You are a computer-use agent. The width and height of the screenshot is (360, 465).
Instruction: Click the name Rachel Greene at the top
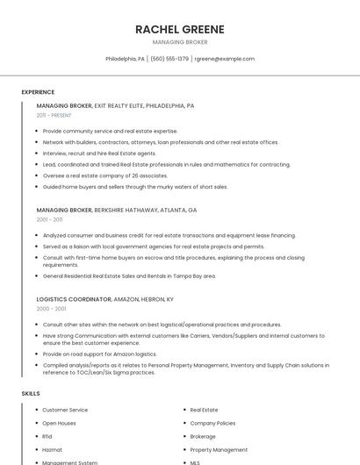pos(179,29)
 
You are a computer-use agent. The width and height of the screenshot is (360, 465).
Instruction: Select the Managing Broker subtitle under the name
pos(179,42)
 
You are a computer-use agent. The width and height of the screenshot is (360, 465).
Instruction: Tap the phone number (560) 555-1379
pos(169,59)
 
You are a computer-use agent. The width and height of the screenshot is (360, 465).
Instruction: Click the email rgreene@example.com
pos(225,59)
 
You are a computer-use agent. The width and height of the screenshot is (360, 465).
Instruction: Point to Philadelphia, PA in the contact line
pos(125,59)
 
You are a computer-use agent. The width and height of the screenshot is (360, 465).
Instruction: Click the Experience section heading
pos(38,92)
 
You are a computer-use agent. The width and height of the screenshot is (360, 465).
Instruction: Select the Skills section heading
pos(31,394)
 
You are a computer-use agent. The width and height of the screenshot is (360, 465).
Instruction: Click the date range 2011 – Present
pos(54,115)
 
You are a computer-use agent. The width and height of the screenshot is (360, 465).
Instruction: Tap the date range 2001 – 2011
pos(49,219)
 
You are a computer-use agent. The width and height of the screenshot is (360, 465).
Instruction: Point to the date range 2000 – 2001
pos(51,309)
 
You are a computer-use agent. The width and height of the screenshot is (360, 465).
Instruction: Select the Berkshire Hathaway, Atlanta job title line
pos(117,211)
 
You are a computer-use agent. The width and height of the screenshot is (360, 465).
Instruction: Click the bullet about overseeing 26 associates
pos(104,175)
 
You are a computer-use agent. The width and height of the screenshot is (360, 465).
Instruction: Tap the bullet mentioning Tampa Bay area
pos(128,275)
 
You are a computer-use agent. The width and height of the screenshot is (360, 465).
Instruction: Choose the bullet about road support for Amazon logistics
pos(99,354)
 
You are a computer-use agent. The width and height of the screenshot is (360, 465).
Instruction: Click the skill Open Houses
pos(59,423)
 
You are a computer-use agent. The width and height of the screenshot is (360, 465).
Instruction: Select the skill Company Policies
pos(212,423)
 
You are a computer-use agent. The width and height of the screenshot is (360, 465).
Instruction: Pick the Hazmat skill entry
pos(52,449)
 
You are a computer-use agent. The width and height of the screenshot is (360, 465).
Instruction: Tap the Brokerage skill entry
pos(203,436)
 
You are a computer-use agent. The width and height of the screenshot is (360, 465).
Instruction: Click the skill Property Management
pos(219,449)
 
